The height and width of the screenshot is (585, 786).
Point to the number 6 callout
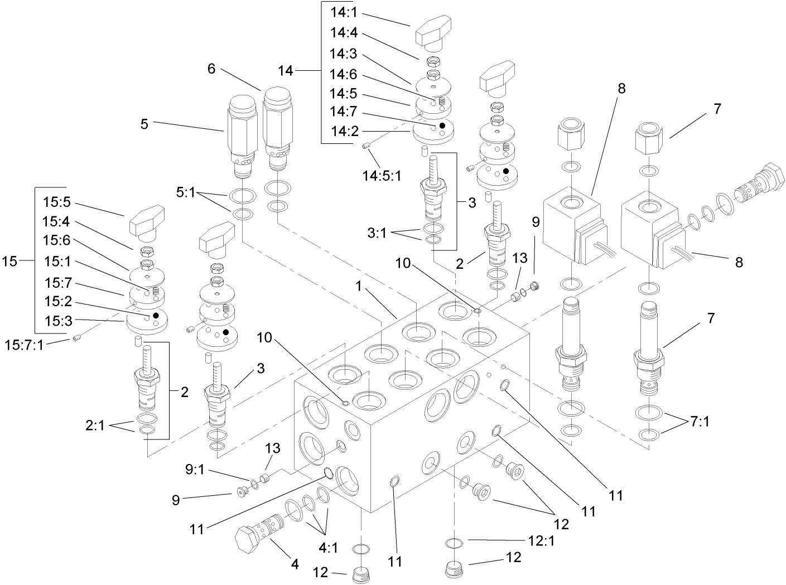tap(211, 69)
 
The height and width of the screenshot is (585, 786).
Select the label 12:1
tap(541, 540)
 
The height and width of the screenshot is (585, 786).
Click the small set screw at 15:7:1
tap(76, 337)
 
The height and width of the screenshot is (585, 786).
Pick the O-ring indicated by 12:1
tap(455, 543)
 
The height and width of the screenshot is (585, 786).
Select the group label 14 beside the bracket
tap(286, 71)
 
